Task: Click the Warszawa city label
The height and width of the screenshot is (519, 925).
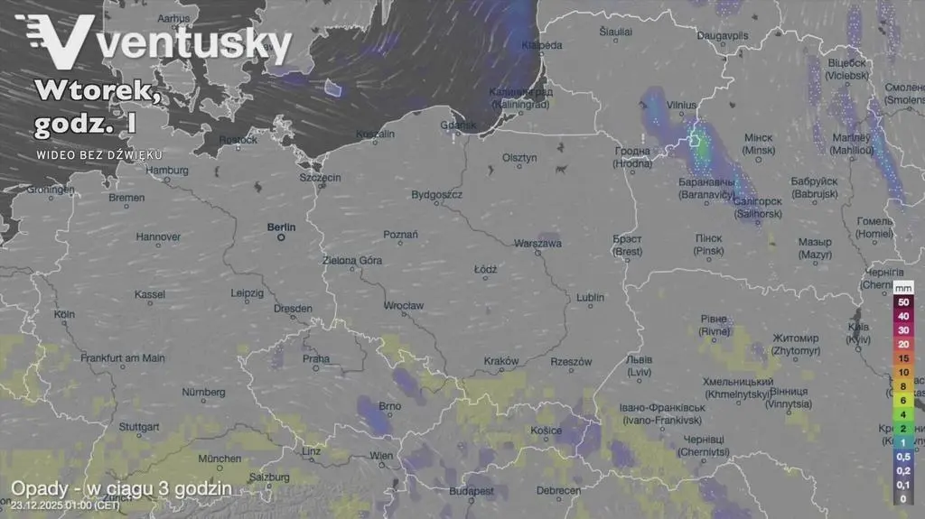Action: pyautogui.click(x=537, y=244)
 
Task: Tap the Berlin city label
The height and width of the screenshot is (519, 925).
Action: pyautogui.click(x=282, y=227)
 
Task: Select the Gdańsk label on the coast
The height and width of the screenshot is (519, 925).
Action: pyautogui.click(x=458, y=125)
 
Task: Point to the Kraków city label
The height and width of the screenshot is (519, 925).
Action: pyautogui.click(x=501, y=361)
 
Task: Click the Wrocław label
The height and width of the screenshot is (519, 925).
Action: pyautogui.click(x=404, y=306)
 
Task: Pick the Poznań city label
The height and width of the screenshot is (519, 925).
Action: pyautogui.click(x=400, y=235)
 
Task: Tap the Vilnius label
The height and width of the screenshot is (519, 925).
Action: pyautogui.click(x=682, y=106)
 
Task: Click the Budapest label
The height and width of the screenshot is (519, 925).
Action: pyautogui.click(x=471, y=491)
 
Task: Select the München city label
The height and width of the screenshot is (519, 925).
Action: pyautogui.click(x=220, y=459)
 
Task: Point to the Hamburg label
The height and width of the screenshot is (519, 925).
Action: pyautogui.click(x=167, y=170)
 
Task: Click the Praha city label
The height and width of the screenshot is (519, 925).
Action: pyautogui.click(x=316, y=358)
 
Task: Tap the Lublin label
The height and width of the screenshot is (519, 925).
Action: pyautogui.click(x=590, y=297)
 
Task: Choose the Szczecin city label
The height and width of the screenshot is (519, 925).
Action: pyautogui.click(x=321, y=178)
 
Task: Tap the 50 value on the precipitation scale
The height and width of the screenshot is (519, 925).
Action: pyautogui.click(x=902, y=301)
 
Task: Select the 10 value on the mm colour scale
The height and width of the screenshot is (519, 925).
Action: pyautogui.click(x=902, y=372)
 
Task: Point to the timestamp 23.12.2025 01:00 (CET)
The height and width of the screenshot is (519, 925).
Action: pyautogui.click(x=65, y=505)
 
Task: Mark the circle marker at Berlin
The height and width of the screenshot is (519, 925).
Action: pyautogui.click(x=281, y=238)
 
